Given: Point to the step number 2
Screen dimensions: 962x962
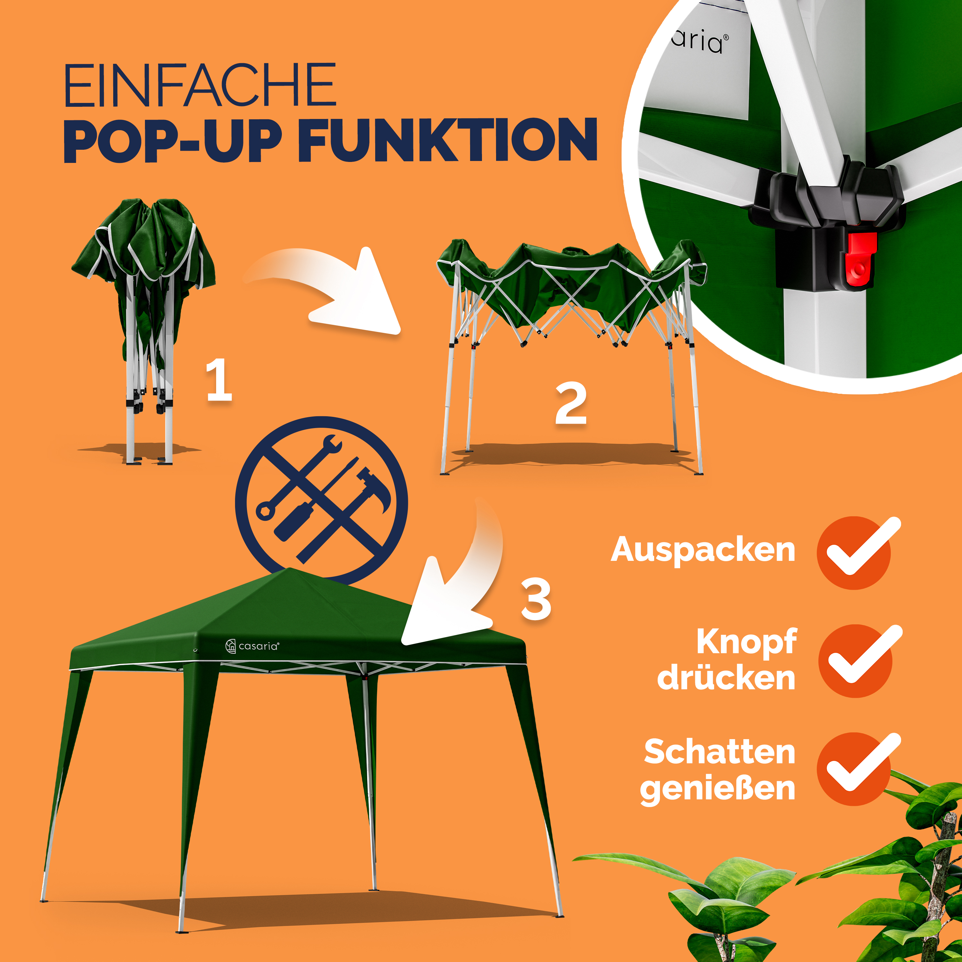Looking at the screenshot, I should [x=571, y=403].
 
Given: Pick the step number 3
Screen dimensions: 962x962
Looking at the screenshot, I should [x=536, y=600].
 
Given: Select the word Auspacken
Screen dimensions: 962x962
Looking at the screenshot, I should [x=703, y=550].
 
